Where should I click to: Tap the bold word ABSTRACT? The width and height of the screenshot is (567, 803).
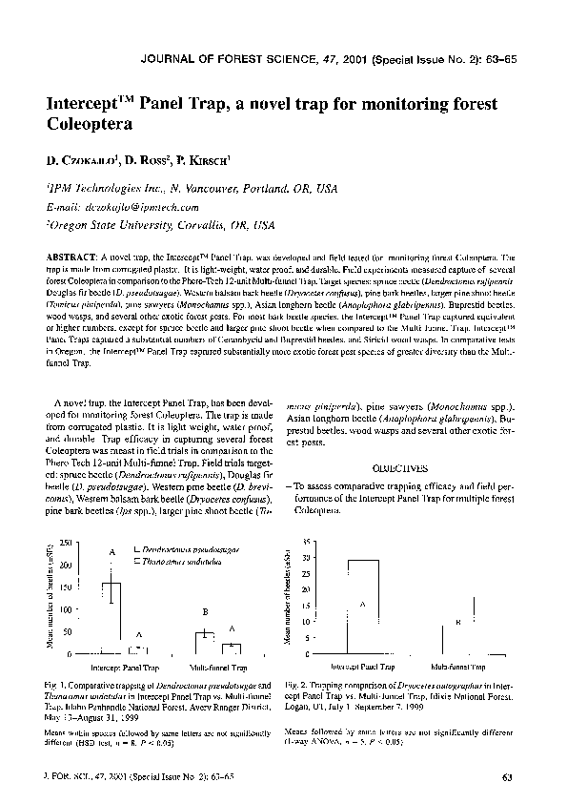70,258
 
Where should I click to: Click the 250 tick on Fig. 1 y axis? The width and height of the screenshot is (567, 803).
64,543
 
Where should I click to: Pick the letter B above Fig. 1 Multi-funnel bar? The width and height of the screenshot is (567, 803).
205,611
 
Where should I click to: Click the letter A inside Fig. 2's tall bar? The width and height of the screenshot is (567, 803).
362,605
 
